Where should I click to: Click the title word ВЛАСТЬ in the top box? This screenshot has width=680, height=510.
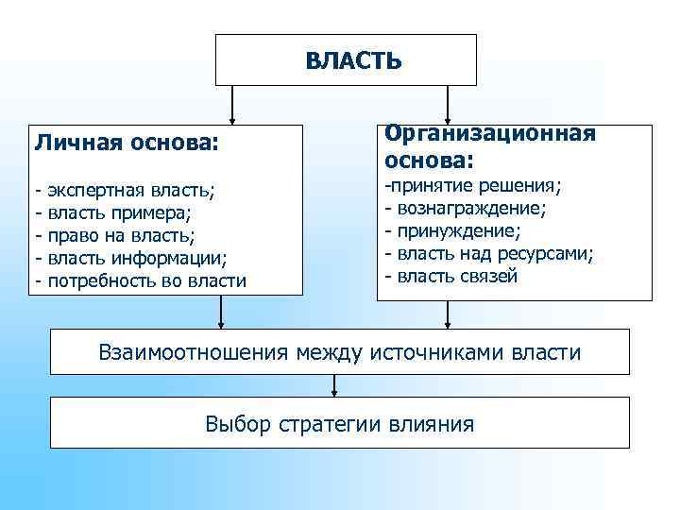click(x=353, y=61)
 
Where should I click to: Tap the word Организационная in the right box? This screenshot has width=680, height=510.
click(x=489, y=133)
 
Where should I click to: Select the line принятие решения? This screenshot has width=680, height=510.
click(x=471, y=183)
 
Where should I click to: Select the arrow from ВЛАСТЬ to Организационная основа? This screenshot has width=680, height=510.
click(x=448, y=105)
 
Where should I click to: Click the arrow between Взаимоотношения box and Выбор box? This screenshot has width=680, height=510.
click(x=334, y=385)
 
